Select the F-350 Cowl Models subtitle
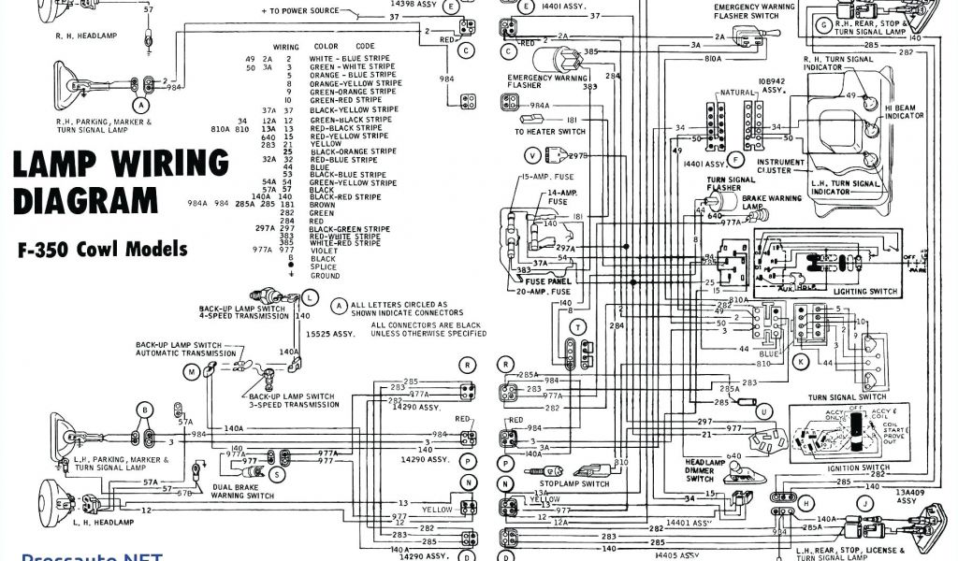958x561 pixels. pyautogui.click(x=101, y=250)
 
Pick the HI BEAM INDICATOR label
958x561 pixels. pyautogui.click(x=904, y=111)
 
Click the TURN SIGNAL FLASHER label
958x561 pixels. pyautogui.click(x=730, y=183)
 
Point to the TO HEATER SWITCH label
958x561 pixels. pyautogui.click(x=549, y=132)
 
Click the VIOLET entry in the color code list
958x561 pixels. pyautogui.click(x=324, y=251)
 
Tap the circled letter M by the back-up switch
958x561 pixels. pyautogui.click(x=191, y=372)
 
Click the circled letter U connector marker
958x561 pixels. pyautogui.click(x=765, y=411)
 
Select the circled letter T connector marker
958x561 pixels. pyautogui.click(x=579, y=327)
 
